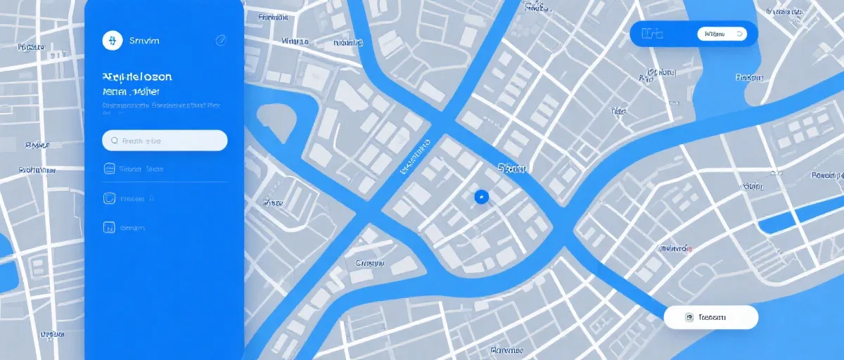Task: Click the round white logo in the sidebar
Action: tap(112, 41)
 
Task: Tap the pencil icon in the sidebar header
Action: tap(220, 41)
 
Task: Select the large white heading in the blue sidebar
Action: tap(137, 76)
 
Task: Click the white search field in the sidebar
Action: tap(165, 141)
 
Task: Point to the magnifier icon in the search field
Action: tap(113, 141)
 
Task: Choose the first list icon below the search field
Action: tap(109, 169)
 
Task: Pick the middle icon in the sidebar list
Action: tap(109, 199)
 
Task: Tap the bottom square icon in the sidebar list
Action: tap(109, 228)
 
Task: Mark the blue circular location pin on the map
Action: tap(481, 197)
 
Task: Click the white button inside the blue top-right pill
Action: tap(722, 33)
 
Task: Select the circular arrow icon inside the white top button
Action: tap(738, 33)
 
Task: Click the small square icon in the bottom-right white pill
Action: tap(689, 318)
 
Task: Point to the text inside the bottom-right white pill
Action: tap(712, 318)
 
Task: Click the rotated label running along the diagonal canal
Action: tap(415, 156)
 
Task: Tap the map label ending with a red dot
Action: tap(675, 249)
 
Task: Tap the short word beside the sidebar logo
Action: tap(144, 41)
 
